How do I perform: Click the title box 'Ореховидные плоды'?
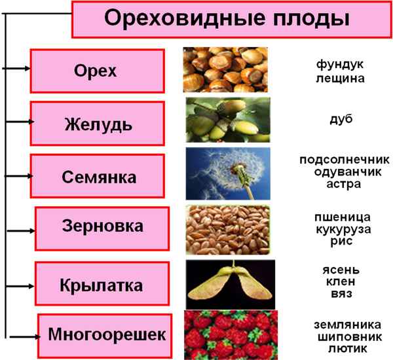(226, 20)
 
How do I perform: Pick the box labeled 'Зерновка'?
(102, 227)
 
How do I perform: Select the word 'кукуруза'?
(341, 229)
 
